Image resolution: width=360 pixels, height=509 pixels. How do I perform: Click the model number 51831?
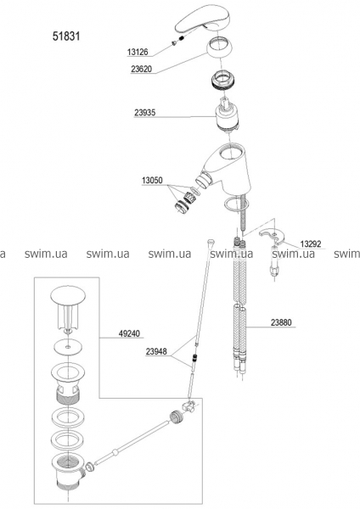point(66,36)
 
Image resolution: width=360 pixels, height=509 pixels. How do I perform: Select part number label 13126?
point(138,52)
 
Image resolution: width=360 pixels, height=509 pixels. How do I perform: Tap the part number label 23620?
point(141,69)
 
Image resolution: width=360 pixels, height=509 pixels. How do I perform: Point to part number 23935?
point(145,112)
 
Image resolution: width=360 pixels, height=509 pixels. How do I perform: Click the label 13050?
point(152,180)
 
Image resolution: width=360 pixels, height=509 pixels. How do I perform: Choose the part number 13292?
point(310,243)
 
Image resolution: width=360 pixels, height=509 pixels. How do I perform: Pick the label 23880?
point(281,322)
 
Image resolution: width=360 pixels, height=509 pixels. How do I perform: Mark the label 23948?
point(156,351)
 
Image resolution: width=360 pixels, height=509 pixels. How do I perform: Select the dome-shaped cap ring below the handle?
point(219,48)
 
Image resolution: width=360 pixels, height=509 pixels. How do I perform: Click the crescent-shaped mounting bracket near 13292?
point(272,237)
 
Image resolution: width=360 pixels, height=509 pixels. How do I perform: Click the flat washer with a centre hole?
point(68,347)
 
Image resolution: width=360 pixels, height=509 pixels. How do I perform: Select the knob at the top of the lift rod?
point(211,243)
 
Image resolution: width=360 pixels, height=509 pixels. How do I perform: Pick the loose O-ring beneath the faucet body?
point(236,204)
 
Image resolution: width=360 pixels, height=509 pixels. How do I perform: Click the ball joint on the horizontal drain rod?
point(114,452)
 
